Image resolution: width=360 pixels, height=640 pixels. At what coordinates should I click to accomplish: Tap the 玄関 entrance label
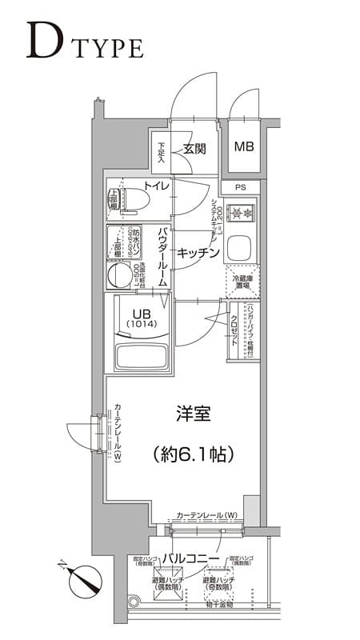click(195, 148)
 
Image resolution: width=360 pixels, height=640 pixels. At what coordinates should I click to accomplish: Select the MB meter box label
click(243, 147)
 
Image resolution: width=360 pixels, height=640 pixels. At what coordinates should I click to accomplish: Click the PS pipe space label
click(241, 188)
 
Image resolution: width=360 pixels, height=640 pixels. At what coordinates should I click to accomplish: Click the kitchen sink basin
click(241, 250)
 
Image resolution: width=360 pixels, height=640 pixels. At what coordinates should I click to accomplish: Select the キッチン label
click(198, 252)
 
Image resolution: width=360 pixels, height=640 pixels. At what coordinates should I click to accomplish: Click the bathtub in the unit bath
click(141, 354)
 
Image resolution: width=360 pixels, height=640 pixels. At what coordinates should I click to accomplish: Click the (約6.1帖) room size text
click(193, 454)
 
